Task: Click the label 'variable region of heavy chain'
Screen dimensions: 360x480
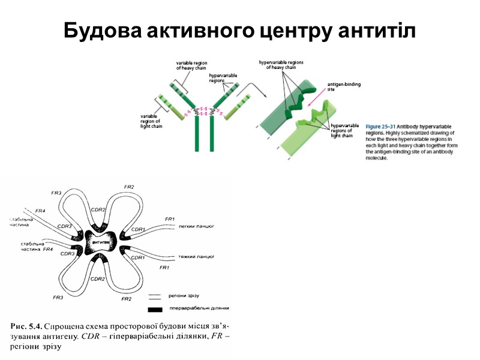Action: pos(191,65)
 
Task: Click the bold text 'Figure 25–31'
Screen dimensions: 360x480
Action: pos(380,127)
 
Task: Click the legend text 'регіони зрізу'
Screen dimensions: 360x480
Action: pos(188,296)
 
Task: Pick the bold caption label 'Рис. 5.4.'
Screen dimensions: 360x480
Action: pos(26,327)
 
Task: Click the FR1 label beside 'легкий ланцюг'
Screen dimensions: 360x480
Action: pos(169,218)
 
